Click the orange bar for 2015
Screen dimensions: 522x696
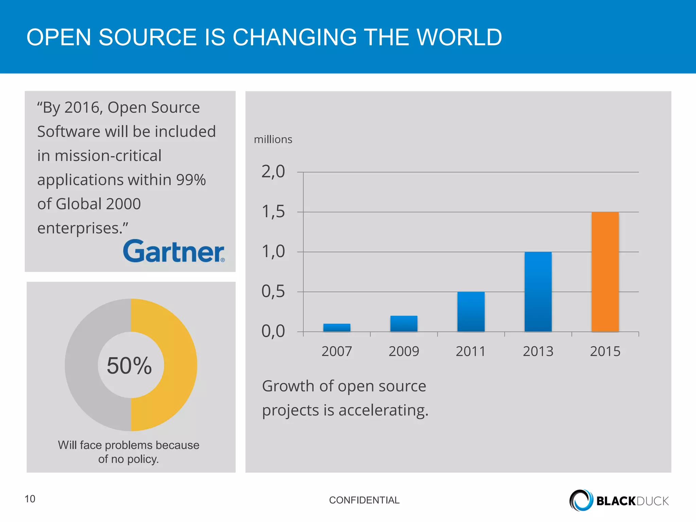pos(605,272)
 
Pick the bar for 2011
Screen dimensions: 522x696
pos(471,312)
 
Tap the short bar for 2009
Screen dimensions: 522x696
pos(404,324)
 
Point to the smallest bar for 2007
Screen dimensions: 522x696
pos(337,328)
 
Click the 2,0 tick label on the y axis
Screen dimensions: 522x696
pos(273,172)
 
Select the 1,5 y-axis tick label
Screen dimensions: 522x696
pos(273,212)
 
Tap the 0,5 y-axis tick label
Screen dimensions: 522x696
pos(273,292)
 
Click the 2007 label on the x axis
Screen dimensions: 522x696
pos(337,351)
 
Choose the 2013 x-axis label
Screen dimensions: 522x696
pos(538,351)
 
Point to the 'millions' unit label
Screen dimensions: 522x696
pos(273,140)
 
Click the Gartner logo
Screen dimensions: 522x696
pos(174,251)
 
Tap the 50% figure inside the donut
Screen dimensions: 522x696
pos(129,366)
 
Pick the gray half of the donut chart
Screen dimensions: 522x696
pos(82,365)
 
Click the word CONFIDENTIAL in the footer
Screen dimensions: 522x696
pos(364,500)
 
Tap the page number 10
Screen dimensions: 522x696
pos(30,499)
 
